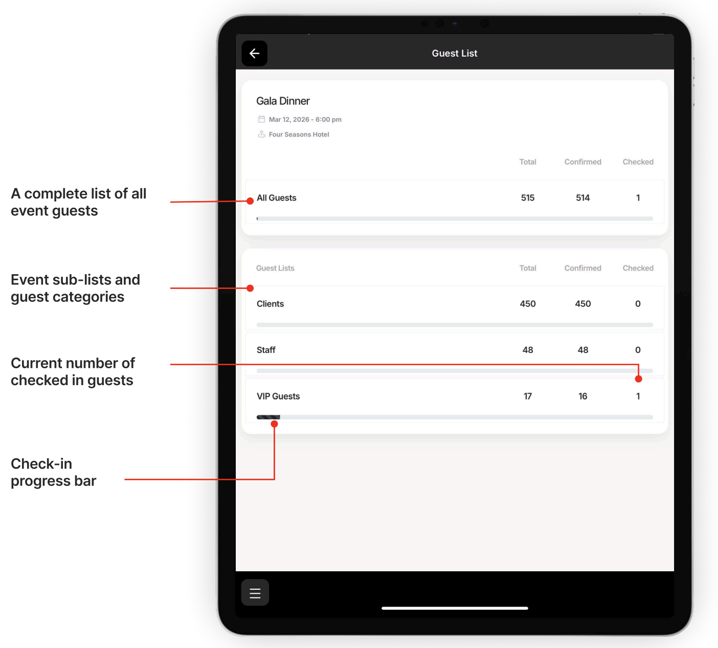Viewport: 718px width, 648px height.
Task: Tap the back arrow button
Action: click(254, 53)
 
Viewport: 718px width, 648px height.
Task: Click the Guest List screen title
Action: click(454, 53)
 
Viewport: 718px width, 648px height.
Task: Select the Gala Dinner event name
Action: click(283, 101)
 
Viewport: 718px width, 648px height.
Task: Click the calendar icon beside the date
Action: click(262, 119)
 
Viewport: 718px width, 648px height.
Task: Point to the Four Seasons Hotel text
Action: click(299, 134)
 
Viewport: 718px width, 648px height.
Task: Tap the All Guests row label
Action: click(276, 197)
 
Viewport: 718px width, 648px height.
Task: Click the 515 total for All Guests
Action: click(528, 197)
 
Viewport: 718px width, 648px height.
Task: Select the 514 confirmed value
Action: click(582, 197)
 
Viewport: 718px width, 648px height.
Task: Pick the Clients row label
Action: click(270, 304)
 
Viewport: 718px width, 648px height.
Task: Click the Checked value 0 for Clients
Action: click(638, 304)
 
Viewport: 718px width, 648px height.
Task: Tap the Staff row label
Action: click(266, 350)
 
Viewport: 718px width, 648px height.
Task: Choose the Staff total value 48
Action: click(528, 350)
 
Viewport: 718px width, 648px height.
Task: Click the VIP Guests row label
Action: click(278, 396)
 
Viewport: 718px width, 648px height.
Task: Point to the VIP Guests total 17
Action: click(528, 396)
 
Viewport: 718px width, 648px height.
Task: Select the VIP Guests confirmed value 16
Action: click(582, 396)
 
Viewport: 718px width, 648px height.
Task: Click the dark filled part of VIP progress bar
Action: click(268, 417)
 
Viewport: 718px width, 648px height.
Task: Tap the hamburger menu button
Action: click(255, 592)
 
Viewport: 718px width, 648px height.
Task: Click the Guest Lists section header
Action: click(275, 268)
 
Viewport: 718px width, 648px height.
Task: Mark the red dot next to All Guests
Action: click(250, 201)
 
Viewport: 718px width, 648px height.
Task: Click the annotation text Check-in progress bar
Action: click(53, 472)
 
